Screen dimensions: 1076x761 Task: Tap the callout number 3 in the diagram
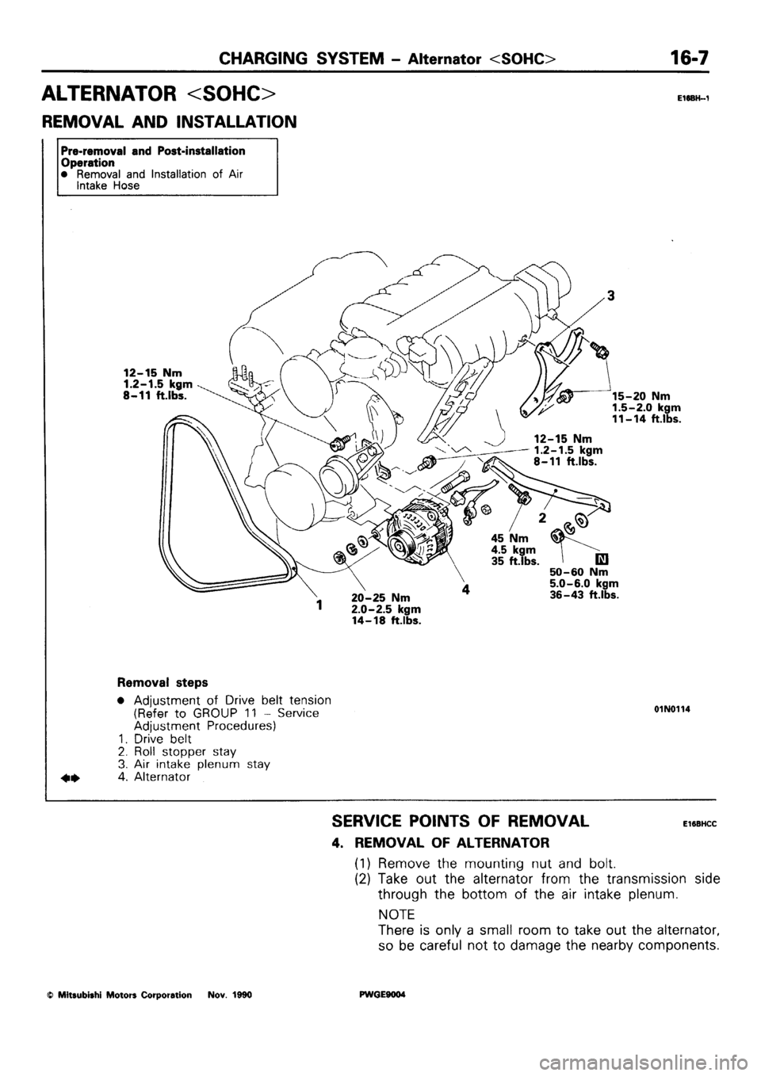pyautogui.click(x=608, y=297)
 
